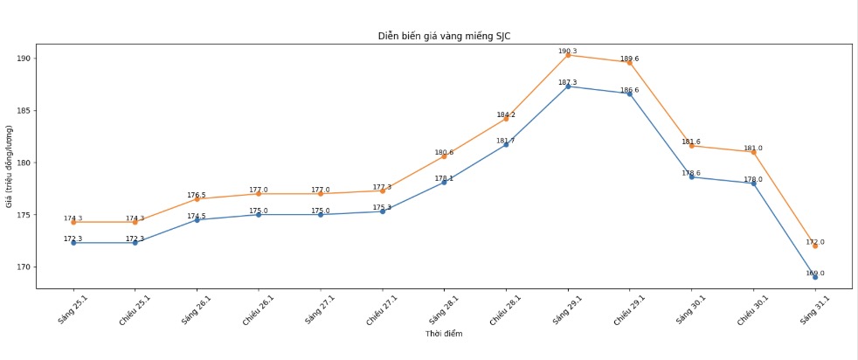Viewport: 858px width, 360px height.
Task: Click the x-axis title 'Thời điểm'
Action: coord(444,334)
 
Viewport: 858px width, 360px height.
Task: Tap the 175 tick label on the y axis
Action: coord(24,215)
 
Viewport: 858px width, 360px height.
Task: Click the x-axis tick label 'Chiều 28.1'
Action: coord(504,310)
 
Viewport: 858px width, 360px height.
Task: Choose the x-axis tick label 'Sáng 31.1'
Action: coord(813,309)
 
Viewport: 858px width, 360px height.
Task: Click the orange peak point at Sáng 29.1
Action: coord(568,55)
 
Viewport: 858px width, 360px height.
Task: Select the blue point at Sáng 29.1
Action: coord(568,87)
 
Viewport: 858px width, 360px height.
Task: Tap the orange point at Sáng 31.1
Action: coord(815,246)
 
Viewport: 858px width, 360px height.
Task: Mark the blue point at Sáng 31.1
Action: coord(815,277)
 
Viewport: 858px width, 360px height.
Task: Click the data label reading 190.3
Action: coord(568,51)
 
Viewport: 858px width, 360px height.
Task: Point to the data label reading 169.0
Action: coord(814,273)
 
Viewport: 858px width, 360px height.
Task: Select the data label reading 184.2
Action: coord(506,114)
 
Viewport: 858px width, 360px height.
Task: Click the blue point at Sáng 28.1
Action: coord(444,182)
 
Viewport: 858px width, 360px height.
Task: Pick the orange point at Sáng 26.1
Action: coord(197,199)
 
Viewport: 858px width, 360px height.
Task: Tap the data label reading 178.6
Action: coord(691,173)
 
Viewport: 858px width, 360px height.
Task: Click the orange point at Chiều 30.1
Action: coord(753,152)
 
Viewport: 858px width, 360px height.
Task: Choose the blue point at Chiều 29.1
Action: coord(629,93)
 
